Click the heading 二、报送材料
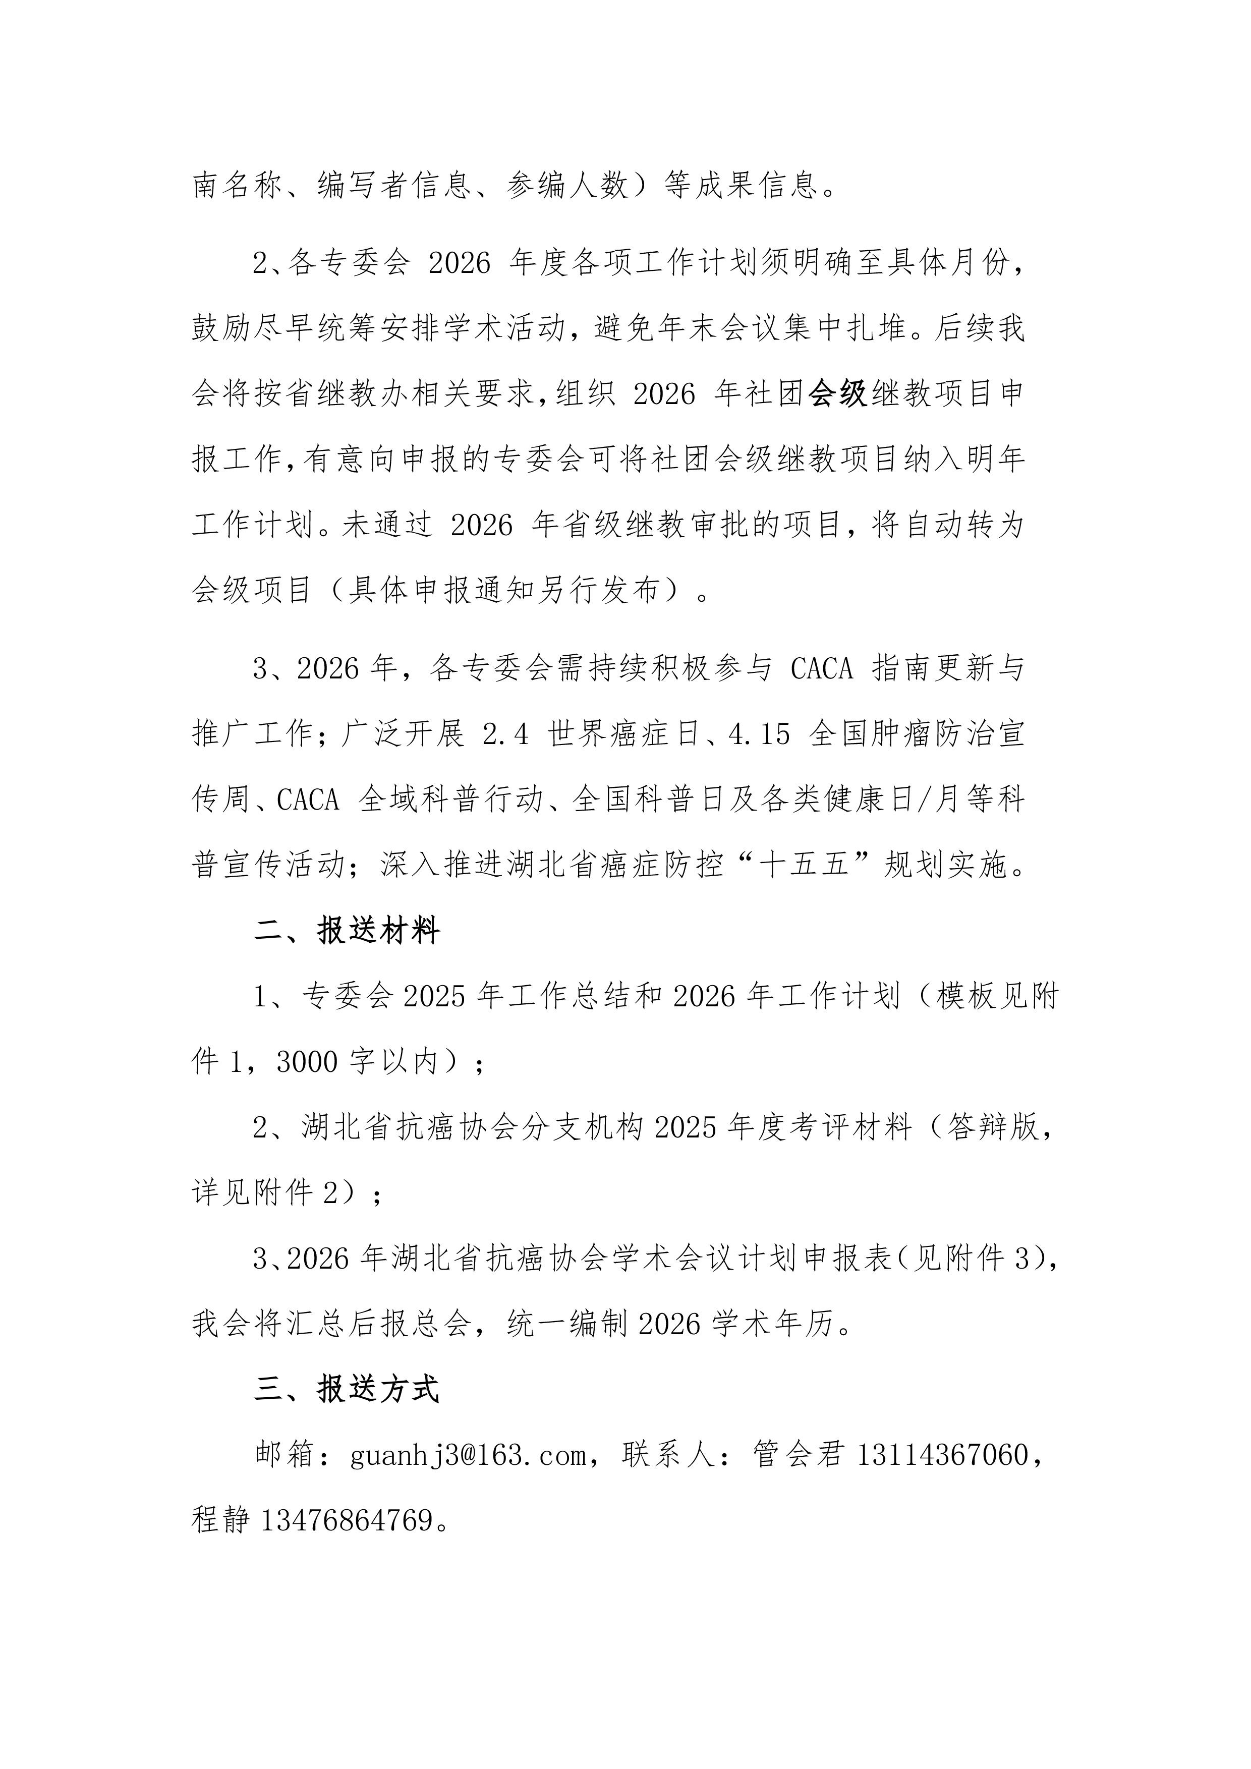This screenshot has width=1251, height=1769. [x=347, y=931]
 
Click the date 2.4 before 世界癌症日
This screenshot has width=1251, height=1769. [x=506, y=734]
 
